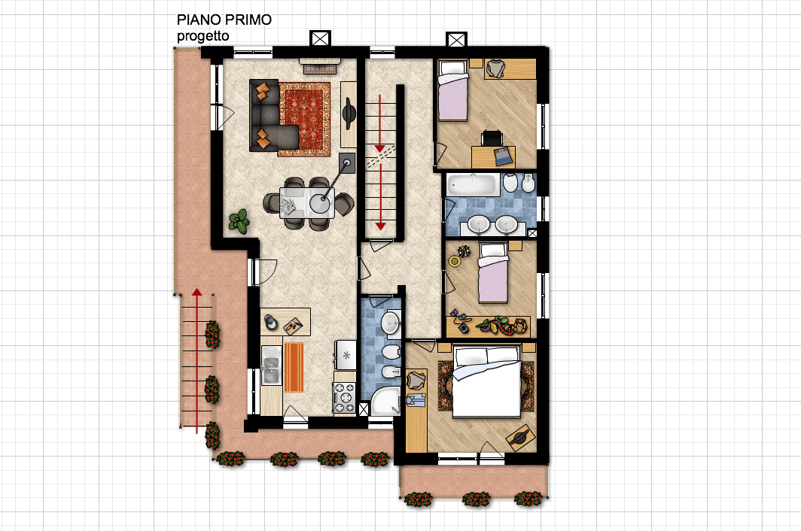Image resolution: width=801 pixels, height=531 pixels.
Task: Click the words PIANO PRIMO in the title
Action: (224, 20)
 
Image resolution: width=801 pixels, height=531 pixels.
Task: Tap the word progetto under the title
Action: (203, 36)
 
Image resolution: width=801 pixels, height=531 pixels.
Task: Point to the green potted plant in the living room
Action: (239, 221)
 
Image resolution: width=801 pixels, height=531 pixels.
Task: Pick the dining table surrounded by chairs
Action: (307, 203)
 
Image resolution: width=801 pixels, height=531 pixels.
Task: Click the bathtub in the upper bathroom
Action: (473, 184)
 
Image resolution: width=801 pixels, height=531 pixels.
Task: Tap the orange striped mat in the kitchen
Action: (294, 367)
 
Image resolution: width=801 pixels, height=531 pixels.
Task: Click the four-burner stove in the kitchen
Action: (344, 397)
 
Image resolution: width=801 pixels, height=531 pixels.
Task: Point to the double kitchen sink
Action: (271, 365)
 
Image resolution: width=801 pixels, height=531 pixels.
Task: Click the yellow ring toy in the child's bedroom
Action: (454, 262)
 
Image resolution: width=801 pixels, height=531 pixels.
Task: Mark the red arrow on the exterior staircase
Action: (196, 360)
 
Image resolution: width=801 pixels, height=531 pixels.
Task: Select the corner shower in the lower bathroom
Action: (385, 402)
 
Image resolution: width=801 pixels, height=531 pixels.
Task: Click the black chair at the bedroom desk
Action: (492, 138)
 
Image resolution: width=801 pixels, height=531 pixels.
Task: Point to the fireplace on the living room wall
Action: (320, 65)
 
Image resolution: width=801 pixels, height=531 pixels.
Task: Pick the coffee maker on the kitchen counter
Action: (271, 322)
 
